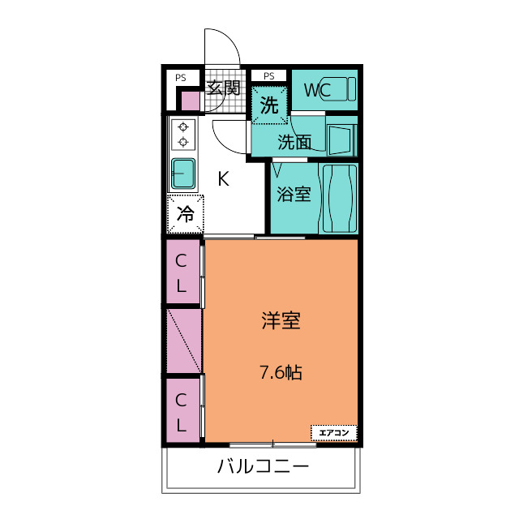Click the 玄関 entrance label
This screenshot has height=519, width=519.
[223, 87]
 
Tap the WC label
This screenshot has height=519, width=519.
[316, 91]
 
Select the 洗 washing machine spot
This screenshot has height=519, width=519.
[269, 105]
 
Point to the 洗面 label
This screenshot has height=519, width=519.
[294, 143]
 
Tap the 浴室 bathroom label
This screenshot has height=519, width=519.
[294, 195]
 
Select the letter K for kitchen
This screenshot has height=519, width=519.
[223, 179]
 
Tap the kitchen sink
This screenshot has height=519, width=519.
[183, 172]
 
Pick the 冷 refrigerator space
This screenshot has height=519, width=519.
[186, 215]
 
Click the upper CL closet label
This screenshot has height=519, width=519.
[182, 273]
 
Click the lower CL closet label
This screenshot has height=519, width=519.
[182, 411]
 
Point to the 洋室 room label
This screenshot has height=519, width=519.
[281, 321]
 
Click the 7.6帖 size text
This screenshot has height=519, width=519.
[281, 373]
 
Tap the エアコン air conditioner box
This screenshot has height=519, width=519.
[333, 433]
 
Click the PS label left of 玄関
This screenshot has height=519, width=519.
[180, 78]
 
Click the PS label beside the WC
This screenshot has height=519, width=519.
[268, 76]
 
